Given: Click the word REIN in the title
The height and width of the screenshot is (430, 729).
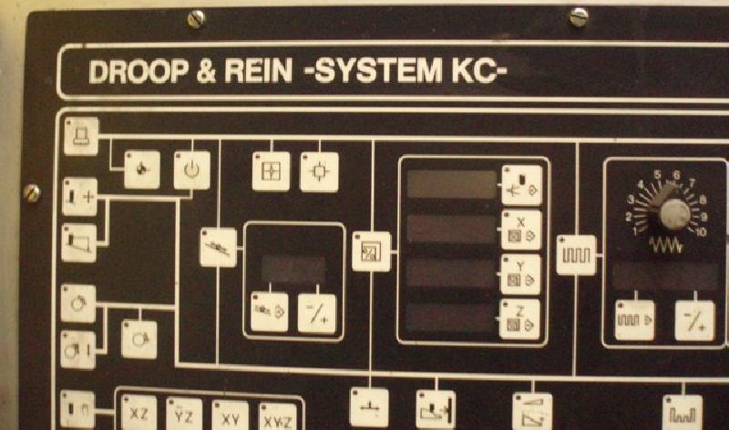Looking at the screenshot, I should (259, 73).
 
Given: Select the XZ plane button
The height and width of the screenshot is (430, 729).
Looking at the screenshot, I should (139, 414).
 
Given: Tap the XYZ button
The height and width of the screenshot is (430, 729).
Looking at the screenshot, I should (277, 416).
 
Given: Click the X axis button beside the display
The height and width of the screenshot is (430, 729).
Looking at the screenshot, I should (520, 230).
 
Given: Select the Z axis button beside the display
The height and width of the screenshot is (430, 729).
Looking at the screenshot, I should (520, 318).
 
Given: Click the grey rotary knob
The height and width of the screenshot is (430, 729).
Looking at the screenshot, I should (674, 213).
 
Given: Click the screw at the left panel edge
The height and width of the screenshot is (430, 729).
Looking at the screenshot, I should (32, 192).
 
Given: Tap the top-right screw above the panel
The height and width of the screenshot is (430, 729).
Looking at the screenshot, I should (579, 15).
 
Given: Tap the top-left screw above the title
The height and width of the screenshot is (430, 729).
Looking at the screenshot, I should (196, 17).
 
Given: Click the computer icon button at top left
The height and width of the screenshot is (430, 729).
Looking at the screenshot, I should (81, 137).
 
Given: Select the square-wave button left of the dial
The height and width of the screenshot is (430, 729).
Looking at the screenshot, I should (576, 254).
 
